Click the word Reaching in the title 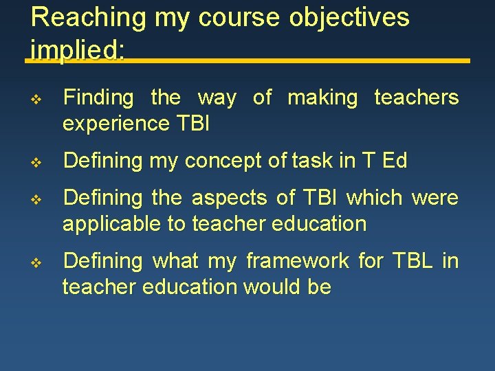[x=88, y=17]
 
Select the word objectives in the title [x=349, y=17]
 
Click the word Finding [x=98, y=98]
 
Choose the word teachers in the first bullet [x=416, y=98]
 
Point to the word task [x=302, y=161]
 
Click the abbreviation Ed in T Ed [x=395, y=161]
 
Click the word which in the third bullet [x=375, y=199]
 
